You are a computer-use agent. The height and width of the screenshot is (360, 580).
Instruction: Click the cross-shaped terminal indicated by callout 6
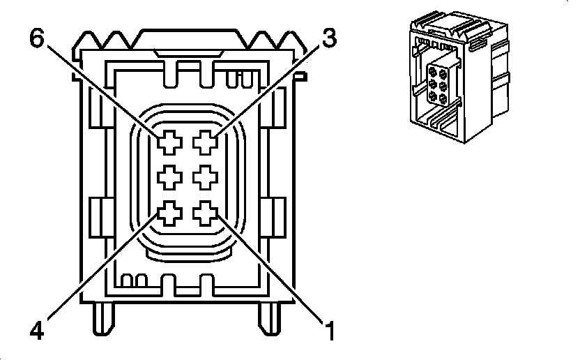pyautogui.click(x=169, y=143)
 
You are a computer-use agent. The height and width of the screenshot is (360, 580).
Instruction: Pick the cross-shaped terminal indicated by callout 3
pyautogui.click(x=206, y=143)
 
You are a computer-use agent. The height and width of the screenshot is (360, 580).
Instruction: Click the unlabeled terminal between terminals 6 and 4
pyautogui.click(x=169, y=178)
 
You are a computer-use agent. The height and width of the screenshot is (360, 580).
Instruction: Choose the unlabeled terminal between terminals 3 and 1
pyautogui.click(x=206, y=178)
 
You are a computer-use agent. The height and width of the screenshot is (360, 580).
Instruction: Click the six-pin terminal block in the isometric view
pyautogui.click(x=439, y=82)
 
